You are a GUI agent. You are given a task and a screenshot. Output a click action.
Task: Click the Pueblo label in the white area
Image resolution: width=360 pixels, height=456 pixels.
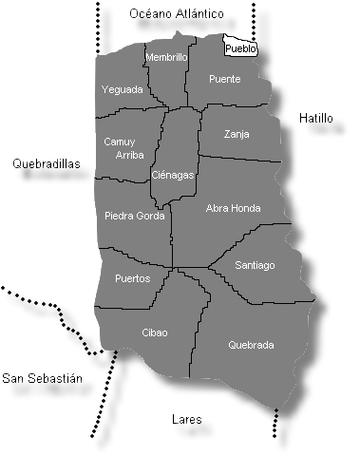[x=239, y=48]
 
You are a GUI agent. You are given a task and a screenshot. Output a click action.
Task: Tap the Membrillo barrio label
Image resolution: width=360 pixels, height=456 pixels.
[x=166, y=58]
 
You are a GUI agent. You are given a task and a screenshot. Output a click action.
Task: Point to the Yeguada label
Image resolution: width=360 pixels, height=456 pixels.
[x=122, y=89]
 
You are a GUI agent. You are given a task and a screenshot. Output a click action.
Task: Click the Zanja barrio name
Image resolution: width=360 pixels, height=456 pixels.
[x=237, y=134]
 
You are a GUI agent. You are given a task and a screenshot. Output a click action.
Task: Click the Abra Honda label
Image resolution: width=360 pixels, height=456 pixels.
[x=233, y=208]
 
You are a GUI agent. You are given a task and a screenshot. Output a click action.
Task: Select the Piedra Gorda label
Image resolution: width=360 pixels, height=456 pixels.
[x=133, y=216]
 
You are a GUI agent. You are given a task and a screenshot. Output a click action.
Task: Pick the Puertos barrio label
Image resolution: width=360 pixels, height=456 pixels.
[x=131, y=278]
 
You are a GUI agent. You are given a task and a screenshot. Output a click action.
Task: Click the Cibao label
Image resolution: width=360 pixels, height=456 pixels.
[x=154, y=332]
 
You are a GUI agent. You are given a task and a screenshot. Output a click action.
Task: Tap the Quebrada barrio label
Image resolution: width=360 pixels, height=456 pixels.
[x=251, y=345]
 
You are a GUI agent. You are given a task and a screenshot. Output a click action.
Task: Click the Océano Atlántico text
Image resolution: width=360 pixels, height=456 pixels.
[x=177, y=14]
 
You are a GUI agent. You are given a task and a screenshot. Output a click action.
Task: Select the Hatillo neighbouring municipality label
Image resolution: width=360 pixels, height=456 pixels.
[x=315, y=119]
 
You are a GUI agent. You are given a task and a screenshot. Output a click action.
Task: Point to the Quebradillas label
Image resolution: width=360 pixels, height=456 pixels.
[x=47, y=163]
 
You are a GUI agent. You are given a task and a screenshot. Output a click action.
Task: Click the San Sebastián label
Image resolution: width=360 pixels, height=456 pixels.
[x=43, y=378]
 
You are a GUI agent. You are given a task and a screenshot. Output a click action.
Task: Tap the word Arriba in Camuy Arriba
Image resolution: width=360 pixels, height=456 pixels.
[x=128, y=155]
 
